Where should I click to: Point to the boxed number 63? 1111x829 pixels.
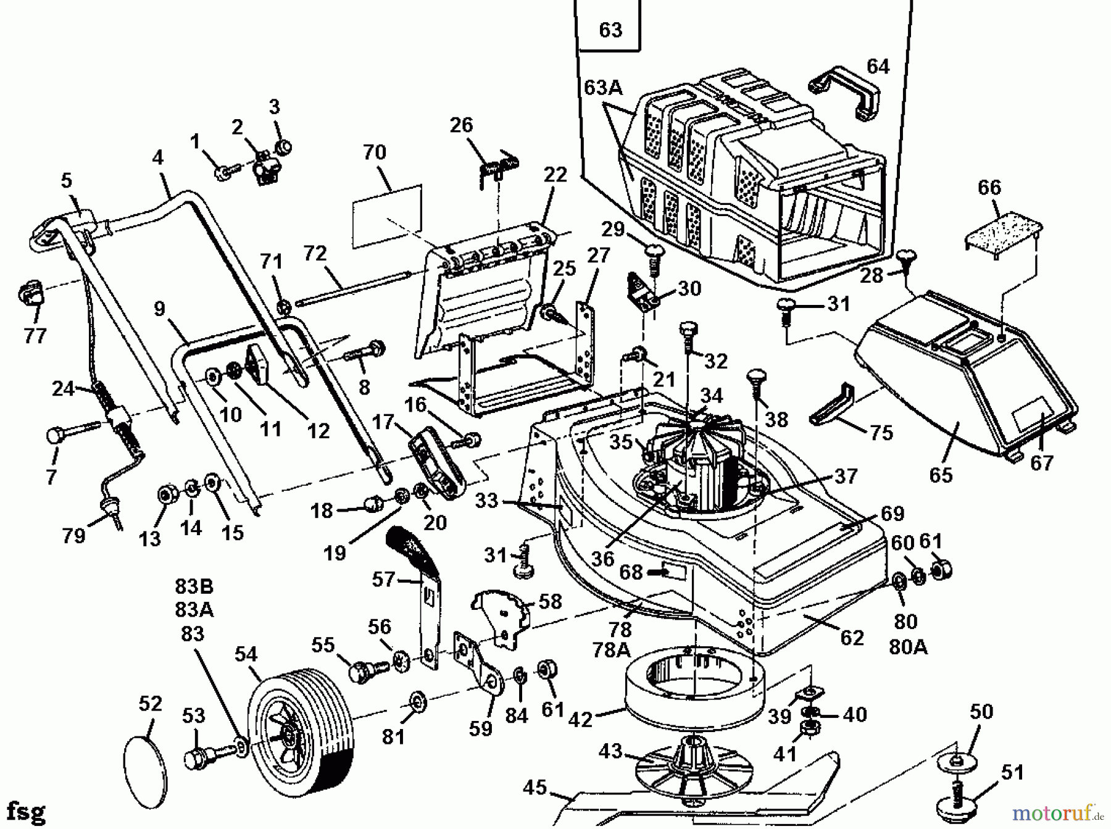610,30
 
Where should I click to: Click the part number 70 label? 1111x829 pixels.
375,152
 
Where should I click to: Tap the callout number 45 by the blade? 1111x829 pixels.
535,788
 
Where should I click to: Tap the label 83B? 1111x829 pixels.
194,586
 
